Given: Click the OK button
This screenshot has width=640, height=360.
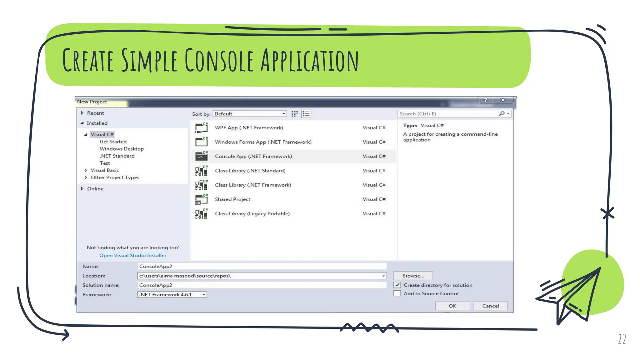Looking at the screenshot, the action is pyautogui.click(x=452, y=306).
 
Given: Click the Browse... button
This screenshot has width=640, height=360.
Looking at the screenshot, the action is pyautogui.click(x=413, y=276).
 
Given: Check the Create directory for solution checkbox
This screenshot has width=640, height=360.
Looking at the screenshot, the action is pyautogui.click(x=397, y=285).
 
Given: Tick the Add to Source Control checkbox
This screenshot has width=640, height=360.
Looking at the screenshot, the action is pyautogui.click(x=397, y=293).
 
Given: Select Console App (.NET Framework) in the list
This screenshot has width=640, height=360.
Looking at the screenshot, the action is pyautogui.click(x=253, y=156).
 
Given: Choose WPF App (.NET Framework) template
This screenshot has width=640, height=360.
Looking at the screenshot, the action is pyautogui.click(x=249, y=127).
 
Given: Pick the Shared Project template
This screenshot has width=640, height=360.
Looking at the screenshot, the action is pyautogui.click(x=232, y=199).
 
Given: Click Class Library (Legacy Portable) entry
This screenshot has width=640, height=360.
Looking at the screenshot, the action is pyautogui.click(x=252, y=214).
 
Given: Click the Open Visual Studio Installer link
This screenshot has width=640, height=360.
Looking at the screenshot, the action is pyautogui.click(x=133, y=255).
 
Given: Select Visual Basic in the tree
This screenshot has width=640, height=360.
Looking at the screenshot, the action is pyautogui.click(x=105, y=170).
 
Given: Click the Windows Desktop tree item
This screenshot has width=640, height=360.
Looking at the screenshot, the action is pyautogui.click(x=122, y=149).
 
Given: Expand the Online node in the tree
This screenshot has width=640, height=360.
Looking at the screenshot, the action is pyautogui.click(x=82, y=189).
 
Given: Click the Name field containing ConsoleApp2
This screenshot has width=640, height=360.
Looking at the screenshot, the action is pyautogui.click(x=262, y=266).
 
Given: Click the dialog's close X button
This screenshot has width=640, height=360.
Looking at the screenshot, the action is pyautogui.click(x=503, y=100).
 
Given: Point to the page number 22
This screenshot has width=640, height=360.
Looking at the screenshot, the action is pyautogui.click(x=622, y=339).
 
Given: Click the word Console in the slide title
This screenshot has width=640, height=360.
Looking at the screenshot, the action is pyautogui.click(x=219, y=60).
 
